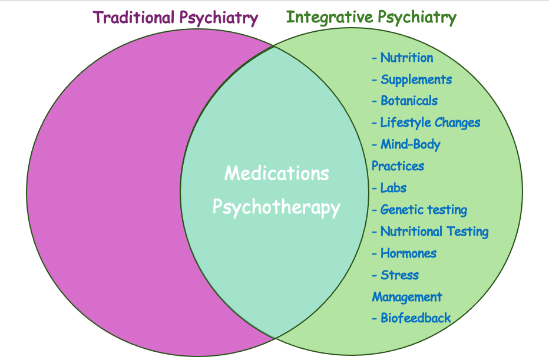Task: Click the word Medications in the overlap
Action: [276, 174]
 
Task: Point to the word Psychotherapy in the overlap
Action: [276, 208]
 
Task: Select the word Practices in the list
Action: [398, 166]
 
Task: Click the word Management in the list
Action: [406, 297]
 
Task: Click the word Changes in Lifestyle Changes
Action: [457, 123]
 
